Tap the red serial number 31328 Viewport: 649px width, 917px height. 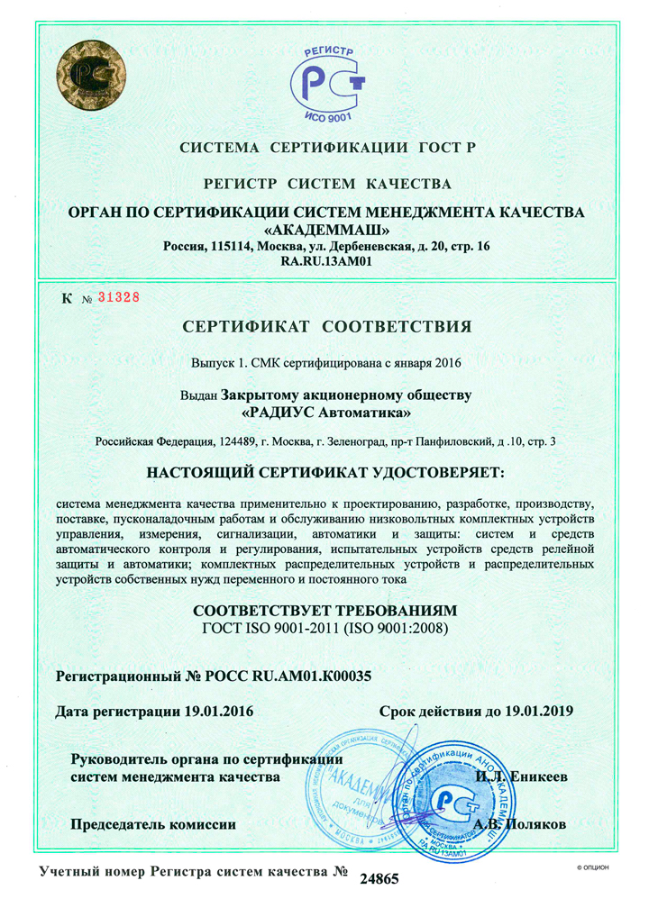(118, 297)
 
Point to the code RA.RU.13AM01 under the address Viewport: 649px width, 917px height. (327, 262)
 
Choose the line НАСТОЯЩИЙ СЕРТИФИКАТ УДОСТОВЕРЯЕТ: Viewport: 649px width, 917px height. (326, 472)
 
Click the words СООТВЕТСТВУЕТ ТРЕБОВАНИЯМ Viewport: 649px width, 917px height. (326, 609)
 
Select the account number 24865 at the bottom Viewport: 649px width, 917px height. (379, 879)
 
